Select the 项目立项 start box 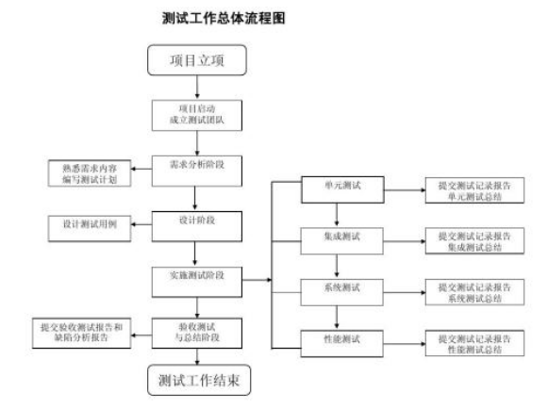195,62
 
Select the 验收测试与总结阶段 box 198,331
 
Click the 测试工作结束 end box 198,381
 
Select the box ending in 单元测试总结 469,190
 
